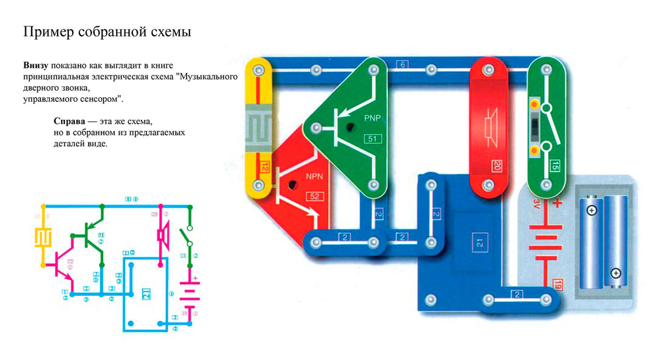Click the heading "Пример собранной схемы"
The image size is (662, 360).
pos(107,32)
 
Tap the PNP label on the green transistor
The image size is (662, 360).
pos(373,118)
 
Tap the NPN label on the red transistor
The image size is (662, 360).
pos(314,177)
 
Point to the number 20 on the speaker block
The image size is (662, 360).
pos(496,165)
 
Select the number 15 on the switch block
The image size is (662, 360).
pos(554,165)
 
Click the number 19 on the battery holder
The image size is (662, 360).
pos(556,285)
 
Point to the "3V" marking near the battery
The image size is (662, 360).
pos(538,201)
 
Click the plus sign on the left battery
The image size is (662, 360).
pos(591,210)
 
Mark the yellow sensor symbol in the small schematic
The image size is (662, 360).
pos(44,236)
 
